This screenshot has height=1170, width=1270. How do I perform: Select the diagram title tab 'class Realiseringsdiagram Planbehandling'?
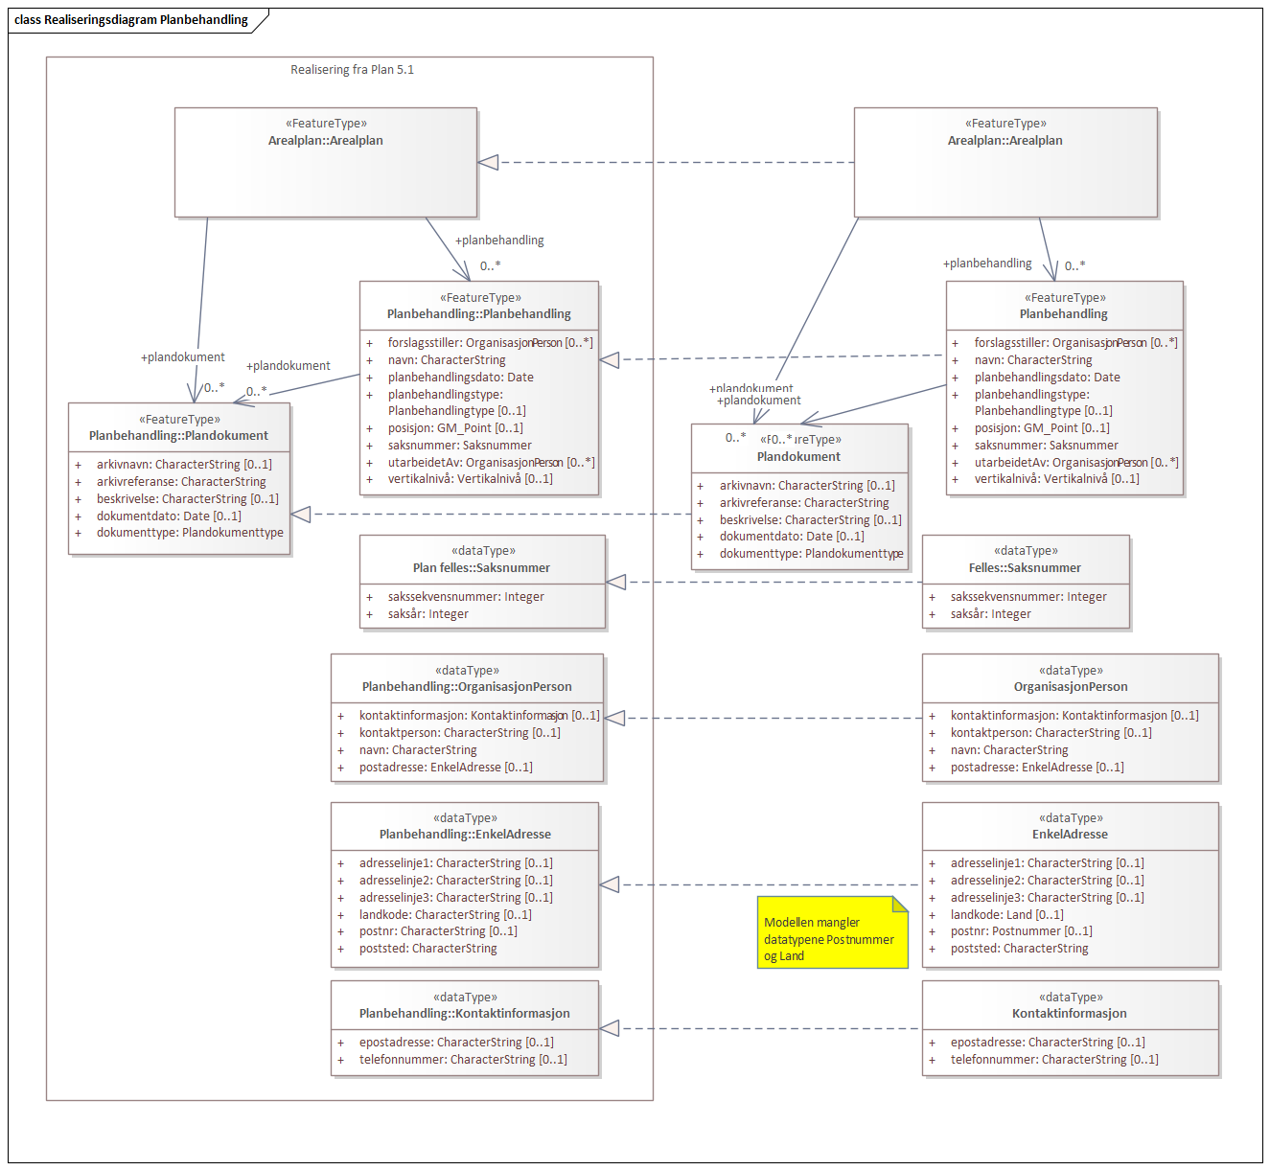click(132, 20)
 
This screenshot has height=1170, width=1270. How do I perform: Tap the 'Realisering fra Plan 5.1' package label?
click(352, 70)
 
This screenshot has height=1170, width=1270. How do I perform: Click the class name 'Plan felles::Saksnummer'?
click(481, 568)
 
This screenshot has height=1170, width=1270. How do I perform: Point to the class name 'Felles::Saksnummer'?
click(1025, 568)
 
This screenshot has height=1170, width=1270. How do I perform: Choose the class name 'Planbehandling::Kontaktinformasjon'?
click(464, 1014)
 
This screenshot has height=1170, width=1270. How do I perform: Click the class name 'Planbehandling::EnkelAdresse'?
click(465, 835)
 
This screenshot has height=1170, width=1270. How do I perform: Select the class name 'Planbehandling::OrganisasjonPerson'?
click(467, 687)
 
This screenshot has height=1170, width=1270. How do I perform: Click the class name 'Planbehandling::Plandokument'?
click(178, 436)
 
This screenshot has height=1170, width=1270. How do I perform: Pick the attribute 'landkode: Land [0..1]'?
click(1006, 915)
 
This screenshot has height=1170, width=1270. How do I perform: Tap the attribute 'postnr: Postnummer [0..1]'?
click(1021, 931)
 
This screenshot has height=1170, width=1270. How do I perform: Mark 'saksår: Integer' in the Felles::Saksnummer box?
click(990, 614)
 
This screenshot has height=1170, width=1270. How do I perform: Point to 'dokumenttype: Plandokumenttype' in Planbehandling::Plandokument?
click(190, 533)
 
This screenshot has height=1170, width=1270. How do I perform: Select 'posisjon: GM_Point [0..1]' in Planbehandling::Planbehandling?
click(455, 428)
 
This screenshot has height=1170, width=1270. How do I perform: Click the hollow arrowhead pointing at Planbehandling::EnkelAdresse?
click(610, 884)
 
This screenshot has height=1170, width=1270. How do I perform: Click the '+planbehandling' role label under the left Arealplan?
click(499, 241)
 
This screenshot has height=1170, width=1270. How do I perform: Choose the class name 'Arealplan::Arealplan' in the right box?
click(1004, 141)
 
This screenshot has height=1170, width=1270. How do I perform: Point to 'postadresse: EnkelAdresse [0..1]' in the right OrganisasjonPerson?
click(1037, 768)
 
